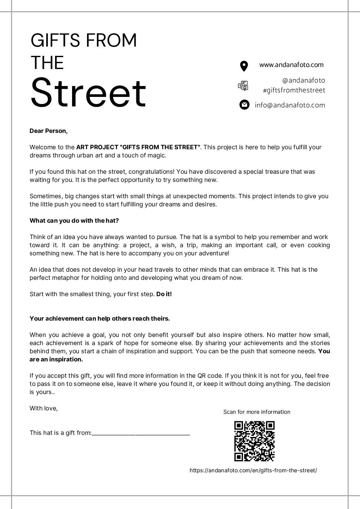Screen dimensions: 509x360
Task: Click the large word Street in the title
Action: pyautogui.click(x=88, y=93)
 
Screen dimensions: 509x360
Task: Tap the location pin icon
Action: pyautogui.click(x=244, y=66)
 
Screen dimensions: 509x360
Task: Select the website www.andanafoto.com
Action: pyautogui.click(x=291, y=65)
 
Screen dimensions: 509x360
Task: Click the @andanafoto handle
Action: pyautogui.click(x=304, y=80)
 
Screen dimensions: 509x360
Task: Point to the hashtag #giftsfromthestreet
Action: pyautogui.click(x=294, y=90)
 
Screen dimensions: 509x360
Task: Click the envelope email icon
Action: pyautogui.click(x=244, y=105)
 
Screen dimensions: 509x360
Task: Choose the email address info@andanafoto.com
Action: pyautogui.click(x=290, y=105)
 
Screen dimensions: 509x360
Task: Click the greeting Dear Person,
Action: pyautogui.click(x=49, y=131)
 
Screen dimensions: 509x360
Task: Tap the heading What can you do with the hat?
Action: pyautogui.click(x=74, y=221)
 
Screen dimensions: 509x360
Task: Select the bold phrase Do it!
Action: pyautogui.click(x=164, y=294)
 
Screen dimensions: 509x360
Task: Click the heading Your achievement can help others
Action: pyautogui.click(x=100, y=319)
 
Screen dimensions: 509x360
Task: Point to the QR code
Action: pyautogui.click(x=254, y=441)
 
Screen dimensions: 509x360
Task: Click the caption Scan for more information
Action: pyautogui.click(x=257, y=412)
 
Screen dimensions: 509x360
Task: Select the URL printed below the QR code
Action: pyautogui.click(x=253, y=470)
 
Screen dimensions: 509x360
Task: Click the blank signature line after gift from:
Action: pyautogui.click(x=141, y=434)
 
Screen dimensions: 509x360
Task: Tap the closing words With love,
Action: pyautogui.click(x=44, y=408)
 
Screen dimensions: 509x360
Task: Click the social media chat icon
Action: pyautogui.click(x=243, y=86)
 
